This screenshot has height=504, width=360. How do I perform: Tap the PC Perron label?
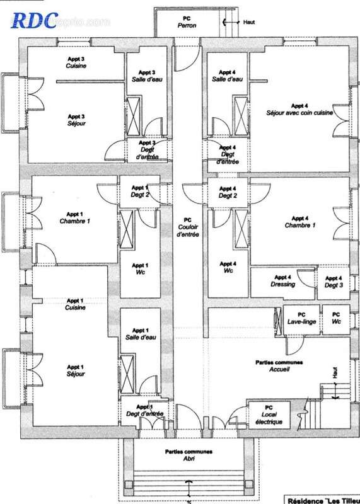pyautogui.click(x=186, y=22)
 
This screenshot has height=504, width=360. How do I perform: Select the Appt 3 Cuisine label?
pyautogui.click(x=76, y=62)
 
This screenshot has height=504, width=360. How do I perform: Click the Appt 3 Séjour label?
pyautogui.click(x=76, y=120)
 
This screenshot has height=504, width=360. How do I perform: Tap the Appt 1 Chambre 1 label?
pyautogui.click(x=75, y=217)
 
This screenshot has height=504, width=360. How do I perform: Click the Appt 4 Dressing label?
pyautogui.click(x=282, y=281)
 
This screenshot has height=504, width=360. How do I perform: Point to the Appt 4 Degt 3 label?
pyautogui.click(x=334, y=282)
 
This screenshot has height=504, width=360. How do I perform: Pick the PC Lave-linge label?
pyautogui.click(x=301, y=318)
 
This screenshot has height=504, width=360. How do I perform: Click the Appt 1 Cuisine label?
pyautogui.click(x=76, y=304)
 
